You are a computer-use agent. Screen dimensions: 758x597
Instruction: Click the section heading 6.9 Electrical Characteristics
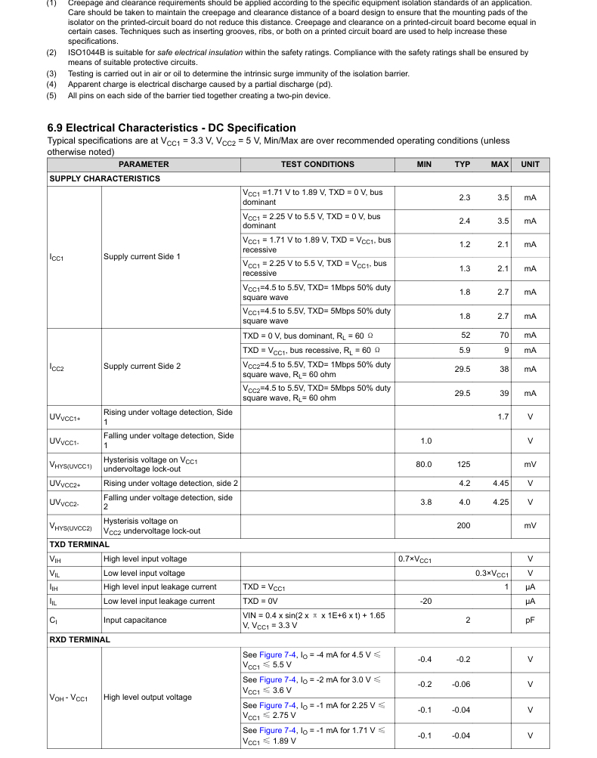[172, 128]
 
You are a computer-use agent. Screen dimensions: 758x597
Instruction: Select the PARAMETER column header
[144, 164]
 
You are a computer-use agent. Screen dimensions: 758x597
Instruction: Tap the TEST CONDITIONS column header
[317, 164]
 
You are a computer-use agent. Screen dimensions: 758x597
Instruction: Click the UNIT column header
[530, 164]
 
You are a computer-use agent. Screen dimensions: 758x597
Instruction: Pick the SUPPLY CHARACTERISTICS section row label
[105, 178]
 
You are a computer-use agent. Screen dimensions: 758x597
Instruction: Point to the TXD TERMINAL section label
[79, 544]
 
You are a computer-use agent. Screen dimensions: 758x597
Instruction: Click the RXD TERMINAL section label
[79, 639]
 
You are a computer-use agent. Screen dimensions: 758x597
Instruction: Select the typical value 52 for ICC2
[465, 336]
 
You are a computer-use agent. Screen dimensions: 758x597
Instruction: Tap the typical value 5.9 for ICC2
[465, 351]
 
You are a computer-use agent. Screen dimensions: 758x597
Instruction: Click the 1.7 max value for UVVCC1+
[503, 417]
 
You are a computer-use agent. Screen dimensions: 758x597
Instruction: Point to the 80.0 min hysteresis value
[424, 465]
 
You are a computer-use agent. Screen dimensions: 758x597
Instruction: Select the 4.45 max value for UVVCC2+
[500, 483]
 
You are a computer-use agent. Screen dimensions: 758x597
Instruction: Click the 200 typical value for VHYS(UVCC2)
[463, 525]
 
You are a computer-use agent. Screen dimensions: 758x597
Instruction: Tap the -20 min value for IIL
[425, 602]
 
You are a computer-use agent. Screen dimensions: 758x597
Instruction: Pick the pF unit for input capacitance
[530, 620]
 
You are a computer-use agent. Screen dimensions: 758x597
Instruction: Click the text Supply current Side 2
[142, 367]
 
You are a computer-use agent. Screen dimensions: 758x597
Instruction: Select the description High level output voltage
[147, 698]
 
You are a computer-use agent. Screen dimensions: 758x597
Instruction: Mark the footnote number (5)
[51, 95]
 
